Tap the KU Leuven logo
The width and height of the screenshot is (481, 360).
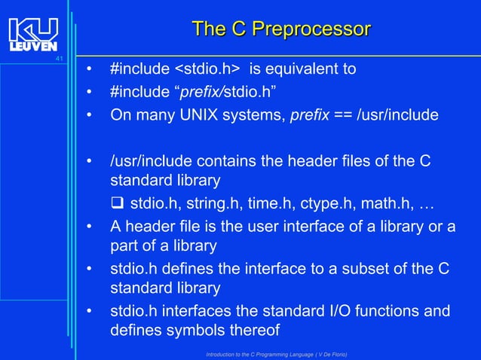point(33,35)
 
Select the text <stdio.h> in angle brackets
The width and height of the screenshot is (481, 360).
point(207,69)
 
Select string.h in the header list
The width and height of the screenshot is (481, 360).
point(210,203)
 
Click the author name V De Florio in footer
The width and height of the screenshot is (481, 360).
point(325,354)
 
